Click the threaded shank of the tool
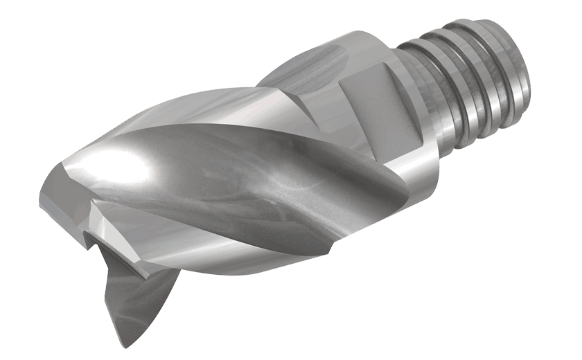[471, 83]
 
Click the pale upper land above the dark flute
[208, 111]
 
